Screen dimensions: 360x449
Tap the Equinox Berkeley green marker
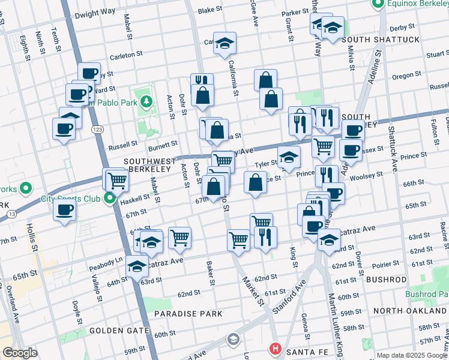pyautogui.click(x=378, y=5)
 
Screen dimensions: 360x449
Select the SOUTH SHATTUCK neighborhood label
pyautogui.click(x=381, y=40)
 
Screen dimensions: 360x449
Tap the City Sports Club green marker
pyautogui.click(x=109, y=199)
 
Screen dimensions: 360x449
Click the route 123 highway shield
pyautogui.click(x=96, y=129)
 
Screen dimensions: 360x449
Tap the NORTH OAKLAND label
pyautogui.click(x=409, y=311)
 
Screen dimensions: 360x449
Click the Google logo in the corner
pyautogui.click(x=20, y=353)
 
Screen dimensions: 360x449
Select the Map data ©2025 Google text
pyautogui.click(x=412, y=355)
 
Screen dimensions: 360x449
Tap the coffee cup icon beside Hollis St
pyautogui.click(x=64, y=210)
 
